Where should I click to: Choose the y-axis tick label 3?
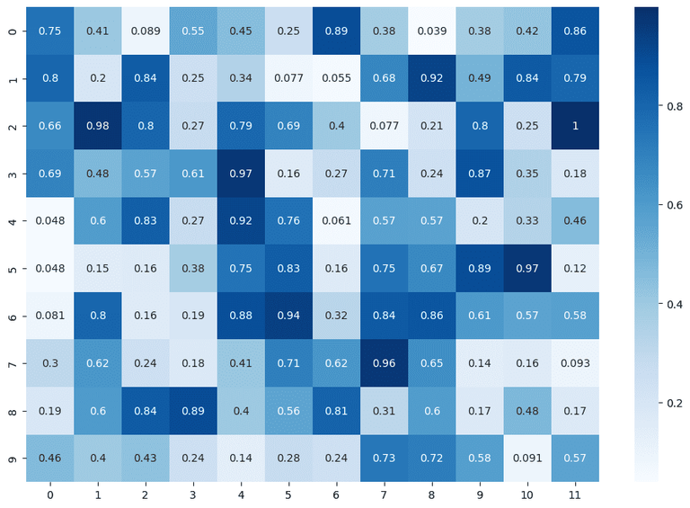pyautogui.click(x=10, y=173)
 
